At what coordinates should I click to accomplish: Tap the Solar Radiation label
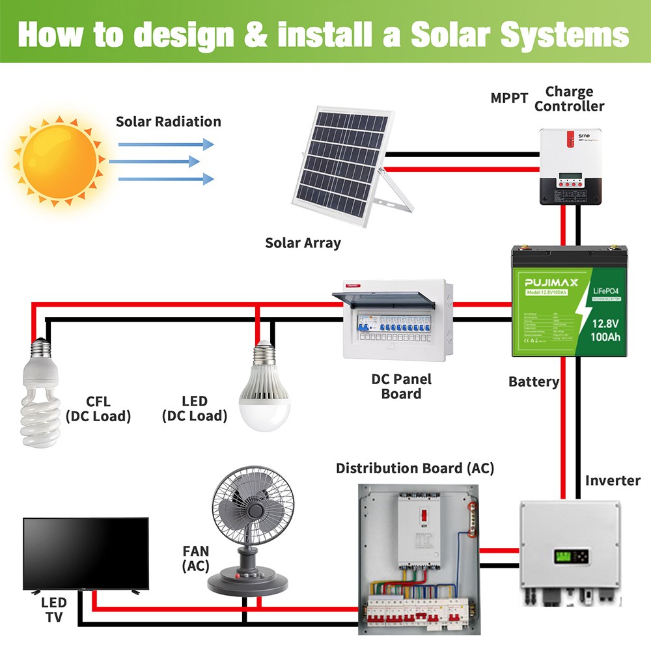[x=168, y=122]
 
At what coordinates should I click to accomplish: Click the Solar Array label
[x=303, y=243]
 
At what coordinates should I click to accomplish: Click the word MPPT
[x=509, y=98]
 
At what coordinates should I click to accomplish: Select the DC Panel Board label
[x=402, y=386]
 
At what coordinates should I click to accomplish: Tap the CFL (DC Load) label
[x=98, y=409]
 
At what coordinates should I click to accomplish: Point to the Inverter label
[x=613, y=480]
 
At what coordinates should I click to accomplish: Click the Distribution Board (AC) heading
[x=415, y=468]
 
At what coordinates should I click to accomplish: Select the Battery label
[x=533, y=382]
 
